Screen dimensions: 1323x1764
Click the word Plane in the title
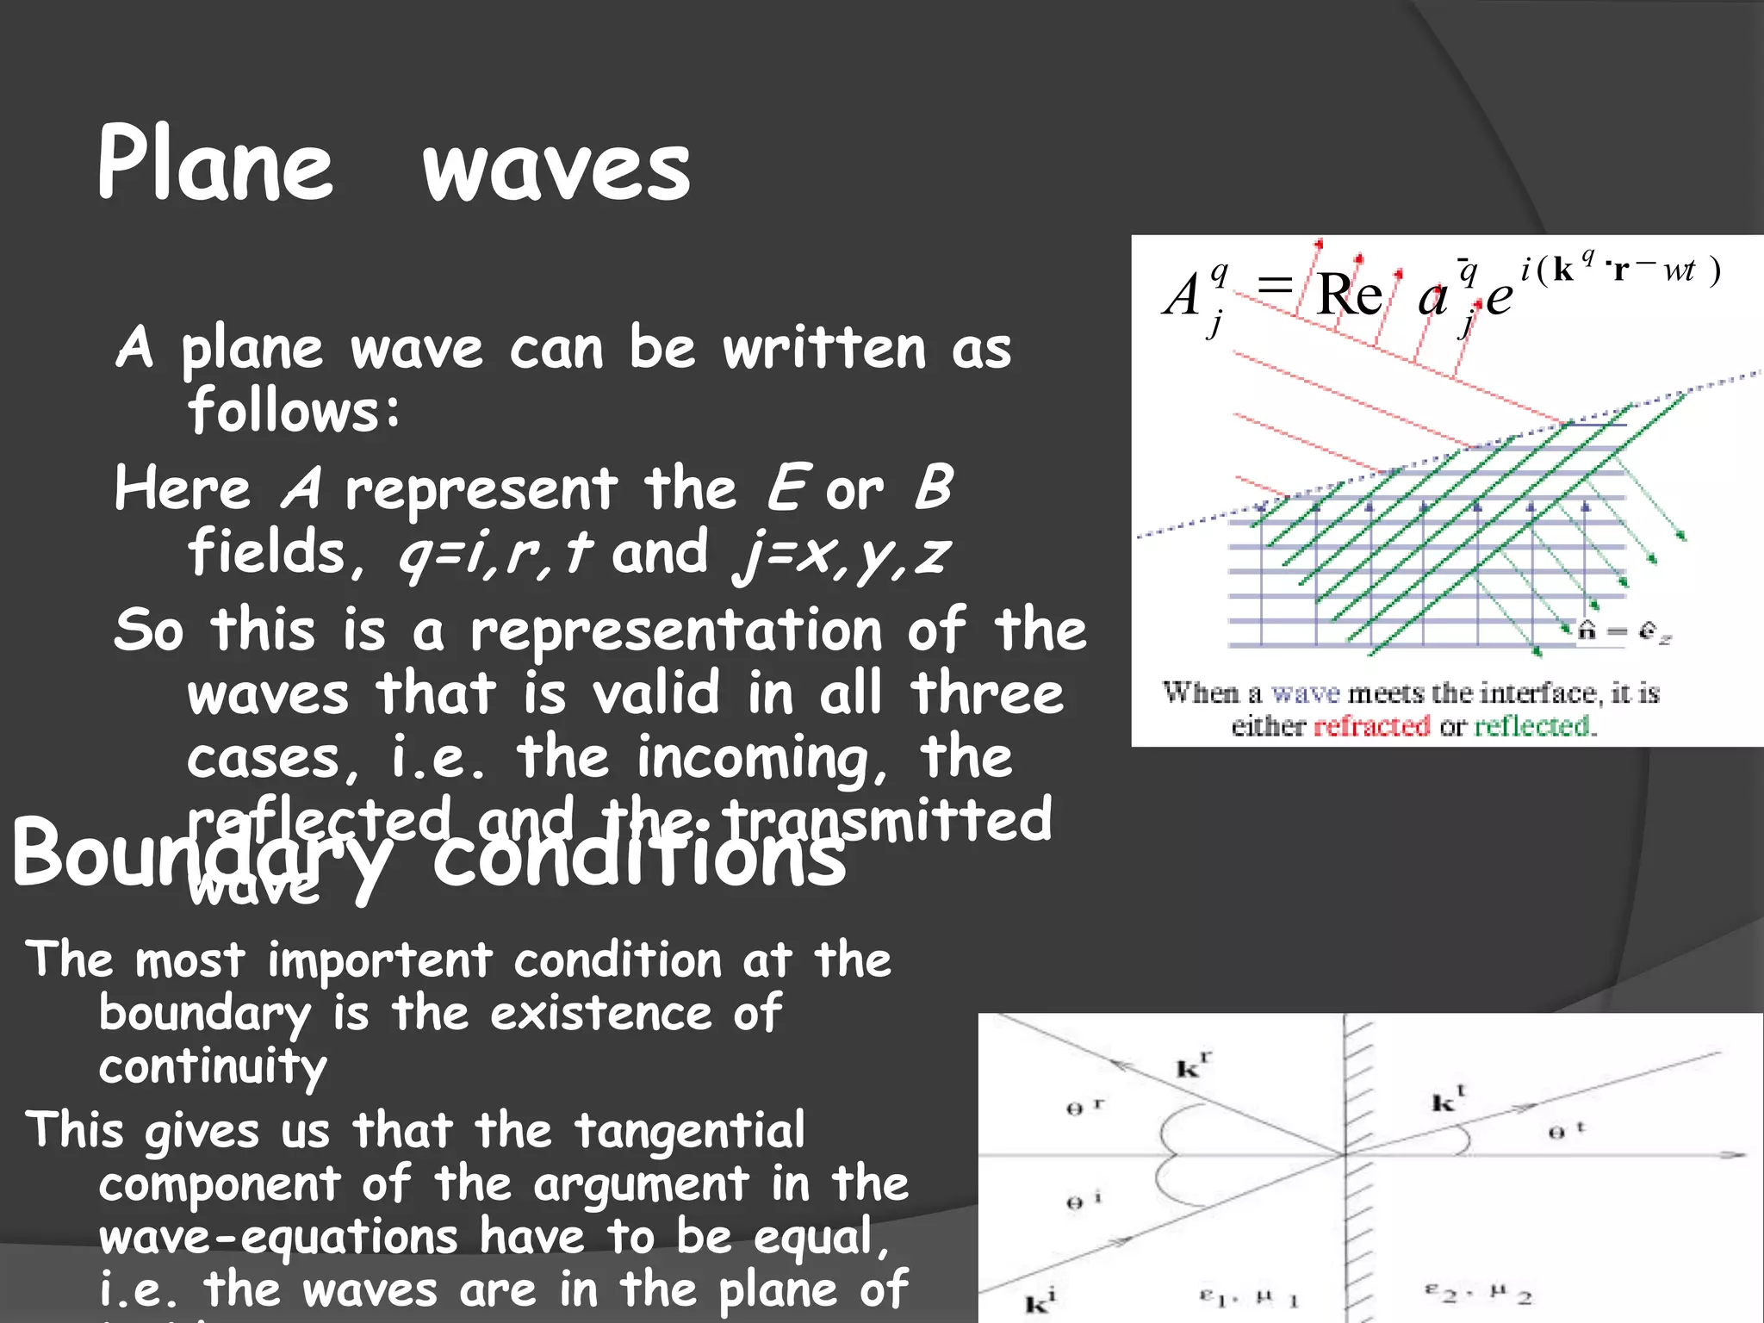click(215, 164)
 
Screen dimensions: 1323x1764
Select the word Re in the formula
click(1349, 295)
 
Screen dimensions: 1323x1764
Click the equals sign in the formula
click(1275, 284)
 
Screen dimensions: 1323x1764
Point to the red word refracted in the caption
click(1371, 726)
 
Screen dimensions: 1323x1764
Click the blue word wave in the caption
click(1306, 693)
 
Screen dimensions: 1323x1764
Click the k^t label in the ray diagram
click(1447, 1100)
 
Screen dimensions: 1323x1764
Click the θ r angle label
click(1084, 1107)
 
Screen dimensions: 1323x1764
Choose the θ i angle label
click(1084, 1201)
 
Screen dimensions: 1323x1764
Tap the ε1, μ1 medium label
click(1249, 1297)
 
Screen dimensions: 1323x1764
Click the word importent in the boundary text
click(379, 960)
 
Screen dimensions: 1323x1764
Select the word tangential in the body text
click(690, 1131)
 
